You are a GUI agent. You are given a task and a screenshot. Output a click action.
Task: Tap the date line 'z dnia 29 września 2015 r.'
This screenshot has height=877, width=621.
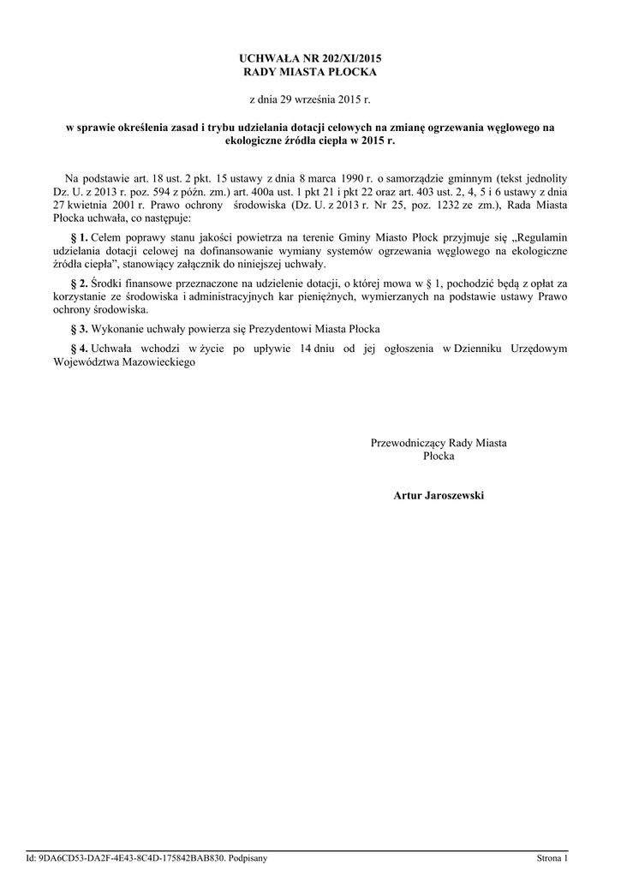tap(310, 100)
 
